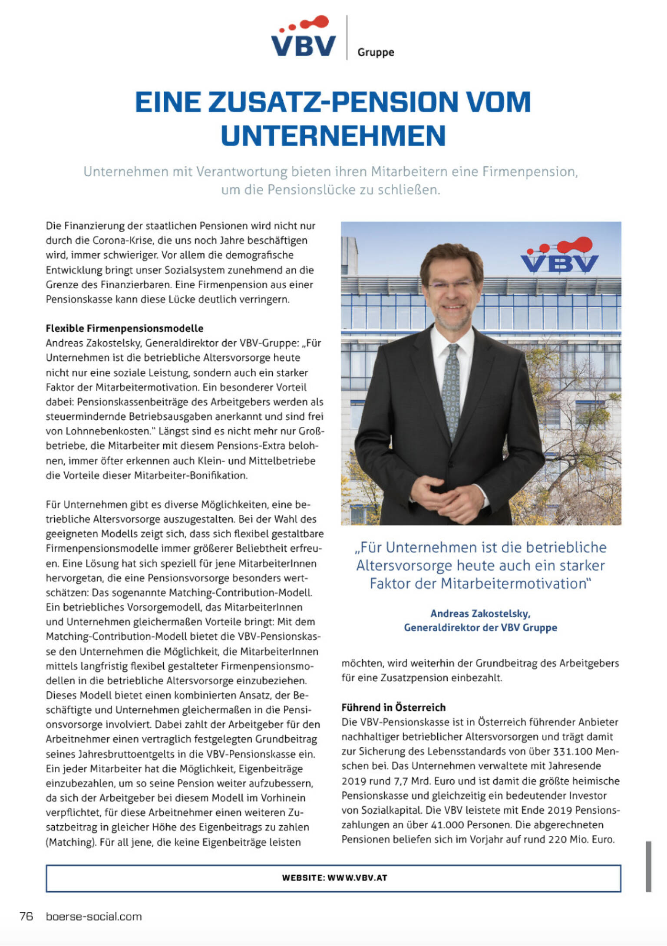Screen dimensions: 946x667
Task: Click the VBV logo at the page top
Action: [x=303, y=38]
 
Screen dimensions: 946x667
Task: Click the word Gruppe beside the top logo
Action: [x=376, y=53]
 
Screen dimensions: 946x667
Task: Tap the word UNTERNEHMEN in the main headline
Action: [x=333, y=135]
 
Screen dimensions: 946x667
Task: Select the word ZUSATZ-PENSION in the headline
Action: [x=333, y=102]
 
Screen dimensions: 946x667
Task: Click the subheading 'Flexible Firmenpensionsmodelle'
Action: [x=125, y=328]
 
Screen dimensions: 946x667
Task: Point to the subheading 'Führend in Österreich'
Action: [x=393, y=707]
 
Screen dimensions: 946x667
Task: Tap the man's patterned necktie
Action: [x=452, y=391]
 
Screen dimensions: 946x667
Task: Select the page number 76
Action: [x=26, y=916]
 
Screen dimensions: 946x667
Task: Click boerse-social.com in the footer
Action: [x=94, y=916]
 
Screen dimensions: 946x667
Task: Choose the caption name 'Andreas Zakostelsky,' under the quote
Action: [x=480, y=613]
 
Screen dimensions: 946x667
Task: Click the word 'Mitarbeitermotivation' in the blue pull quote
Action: [x=513, y=583]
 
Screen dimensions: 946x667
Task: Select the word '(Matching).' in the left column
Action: [x=71, y=842]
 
